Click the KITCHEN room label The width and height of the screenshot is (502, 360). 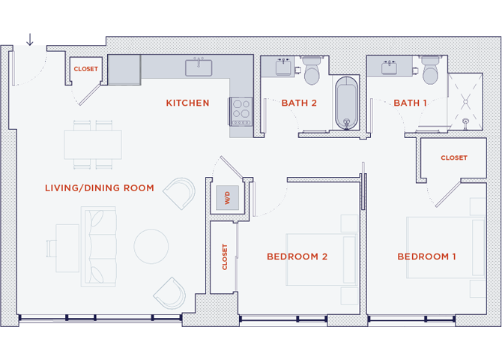[187, 103]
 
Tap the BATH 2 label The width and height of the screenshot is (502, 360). [299, 103]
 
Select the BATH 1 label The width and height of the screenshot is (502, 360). [411, 103]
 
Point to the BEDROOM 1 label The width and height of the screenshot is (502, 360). [426, 257]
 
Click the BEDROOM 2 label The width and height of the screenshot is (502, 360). [297, 257]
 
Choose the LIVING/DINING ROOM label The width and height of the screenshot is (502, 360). [99, 188]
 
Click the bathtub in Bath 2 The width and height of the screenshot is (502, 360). [345, 103]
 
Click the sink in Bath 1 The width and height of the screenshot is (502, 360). [390, 68]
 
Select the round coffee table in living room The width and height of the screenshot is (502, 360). [151, 245]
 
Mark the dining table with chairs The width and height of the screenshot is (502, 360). [93, 143]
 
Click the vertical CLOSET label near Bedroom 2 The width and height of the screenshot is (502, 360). [224, 257]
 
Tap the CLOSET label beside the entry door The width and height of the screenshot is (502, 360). [85, 69]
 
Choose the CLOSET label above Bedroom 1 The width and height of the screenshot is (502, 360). [453, 158]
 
